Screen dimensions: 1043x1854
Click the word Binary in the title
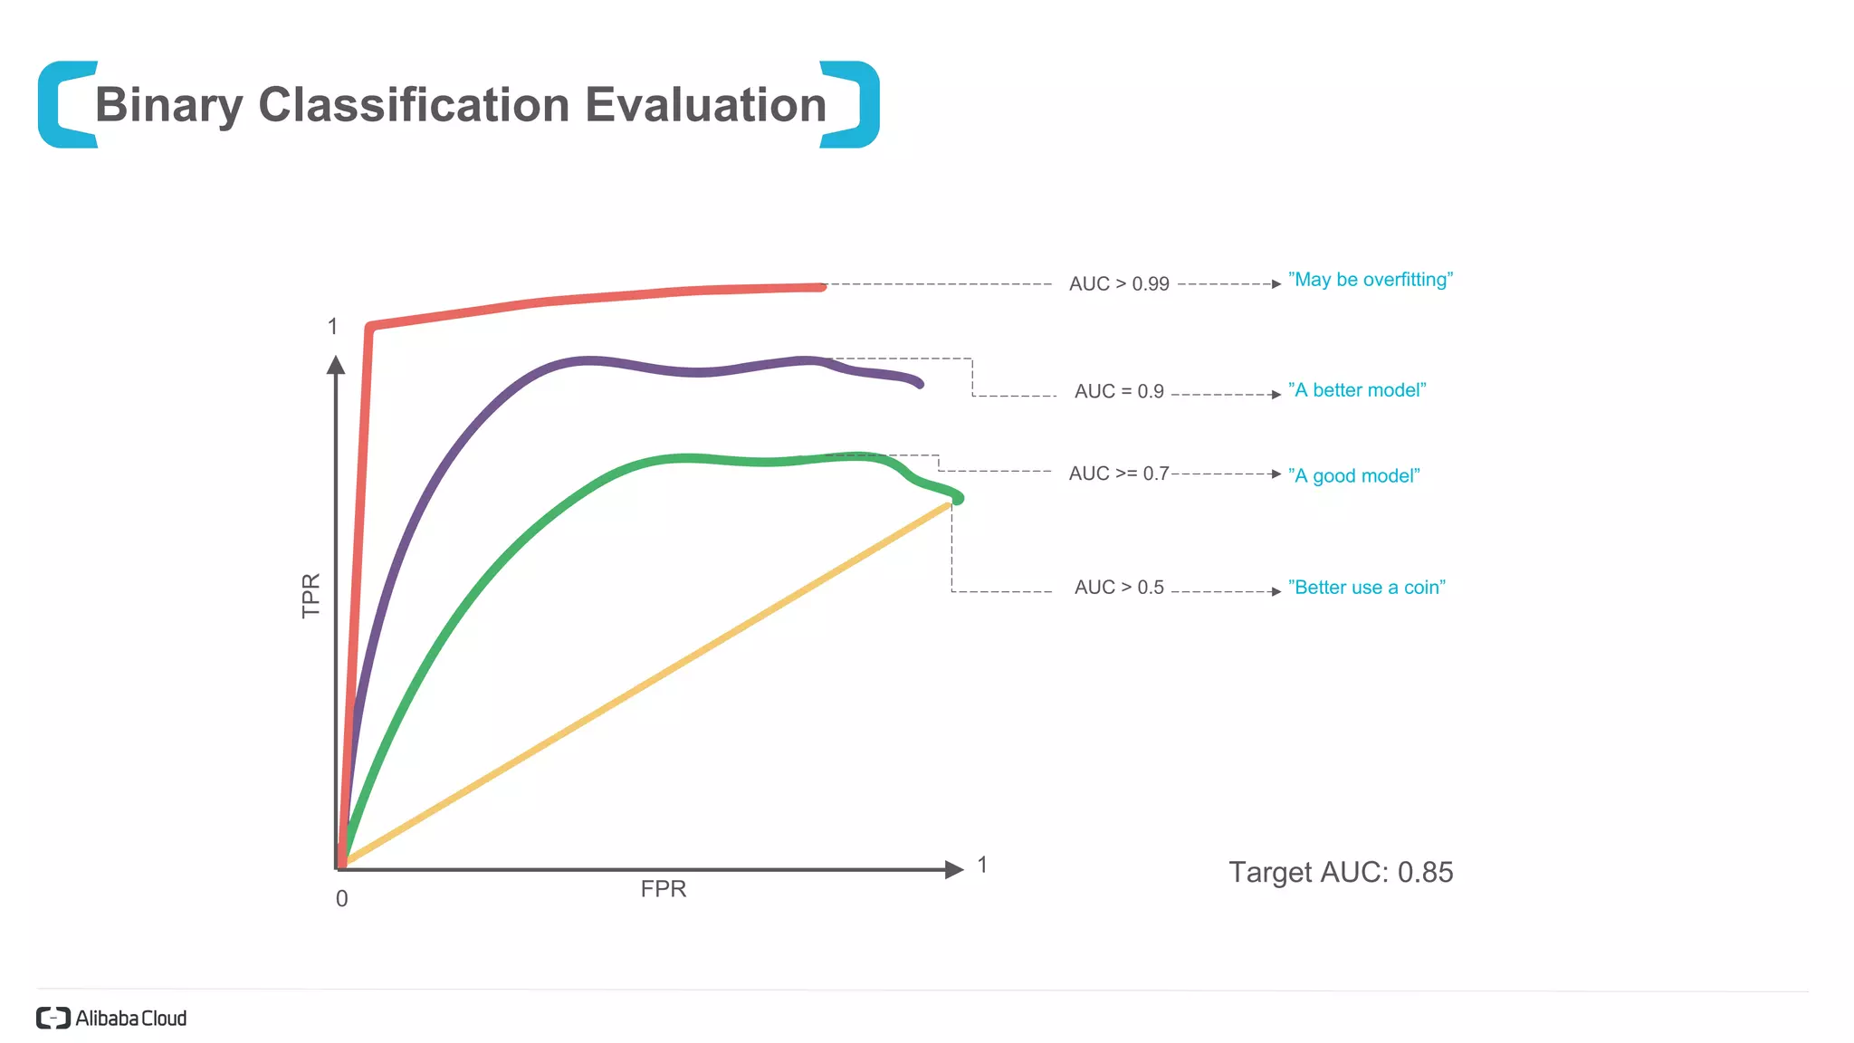168,106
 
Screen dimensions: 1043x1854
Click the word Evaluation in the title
705,105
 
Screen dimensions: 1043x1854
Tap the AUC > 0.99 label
1119,284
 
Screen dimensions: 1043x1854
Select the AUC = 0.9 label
1119,392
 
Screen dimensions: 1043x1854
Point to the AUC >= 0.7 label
1119,474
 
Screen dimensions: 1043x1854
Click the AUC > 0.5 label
1119,588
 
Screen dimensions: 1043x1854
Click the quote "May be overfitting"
1370,280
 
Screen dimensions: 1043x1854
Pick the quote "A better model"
1356,390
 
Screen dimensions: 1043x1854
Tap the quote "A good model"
1353,476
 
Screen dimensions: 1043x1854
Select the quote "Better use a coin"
1366,588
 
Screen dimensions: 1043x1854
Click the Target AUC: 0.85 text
1340,872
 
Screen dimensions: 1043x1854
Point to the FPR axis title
663,889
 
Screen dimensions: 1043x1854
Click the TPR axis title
311,596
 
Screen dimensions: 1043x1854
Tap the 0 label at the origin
341,899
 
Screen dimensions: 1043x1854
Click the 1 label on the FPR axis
982,866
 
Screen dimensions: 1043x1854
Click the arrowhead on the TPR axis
336,365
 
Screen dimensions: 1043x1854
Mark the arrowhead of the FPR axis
954,870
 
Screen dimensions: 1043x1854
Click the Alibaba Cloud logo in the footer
111,1019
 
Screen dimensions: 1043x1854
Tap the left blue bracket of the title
59,105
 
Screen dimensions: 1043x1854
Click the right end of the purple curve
919,384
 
